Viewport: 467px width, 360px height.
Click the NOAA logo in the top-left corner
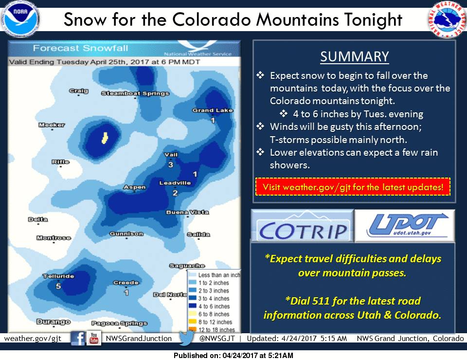[20, 18]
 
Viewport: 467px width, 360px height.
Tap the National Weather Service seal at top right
[448, 19]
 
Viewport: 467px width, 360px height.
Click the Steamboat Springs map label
[135, 93]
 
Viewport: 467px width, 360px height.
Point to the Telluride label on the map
[58, 276]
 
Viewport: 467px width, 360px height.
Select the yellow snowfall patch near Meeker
[105, 138]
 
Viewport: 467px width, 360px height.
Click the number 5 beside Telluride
[58, 286]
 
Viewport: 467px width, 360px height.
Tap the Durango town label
[54, 322]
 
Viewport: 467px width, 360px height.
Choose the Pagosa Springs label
[120, 324]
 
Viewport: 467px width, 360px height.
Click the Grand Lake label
[213, 110]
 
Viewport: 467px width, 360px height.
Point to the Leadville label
[175, 183]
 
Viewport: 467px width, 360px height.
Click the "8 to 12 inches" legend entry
[210, 322]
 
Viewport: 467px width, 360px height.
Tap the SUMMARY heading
[355, 56]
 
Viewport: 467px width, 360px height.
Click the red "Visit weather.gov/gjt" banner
[353, 187]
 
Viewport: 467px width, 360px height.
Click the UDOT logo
[405, 226]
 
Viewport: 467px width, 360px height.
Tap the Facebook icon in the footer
[78, 339]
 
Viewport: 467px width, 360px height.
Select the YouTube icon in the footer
[94, 338]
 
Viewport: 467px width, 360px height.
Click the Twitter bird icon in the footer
[187, 339]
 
